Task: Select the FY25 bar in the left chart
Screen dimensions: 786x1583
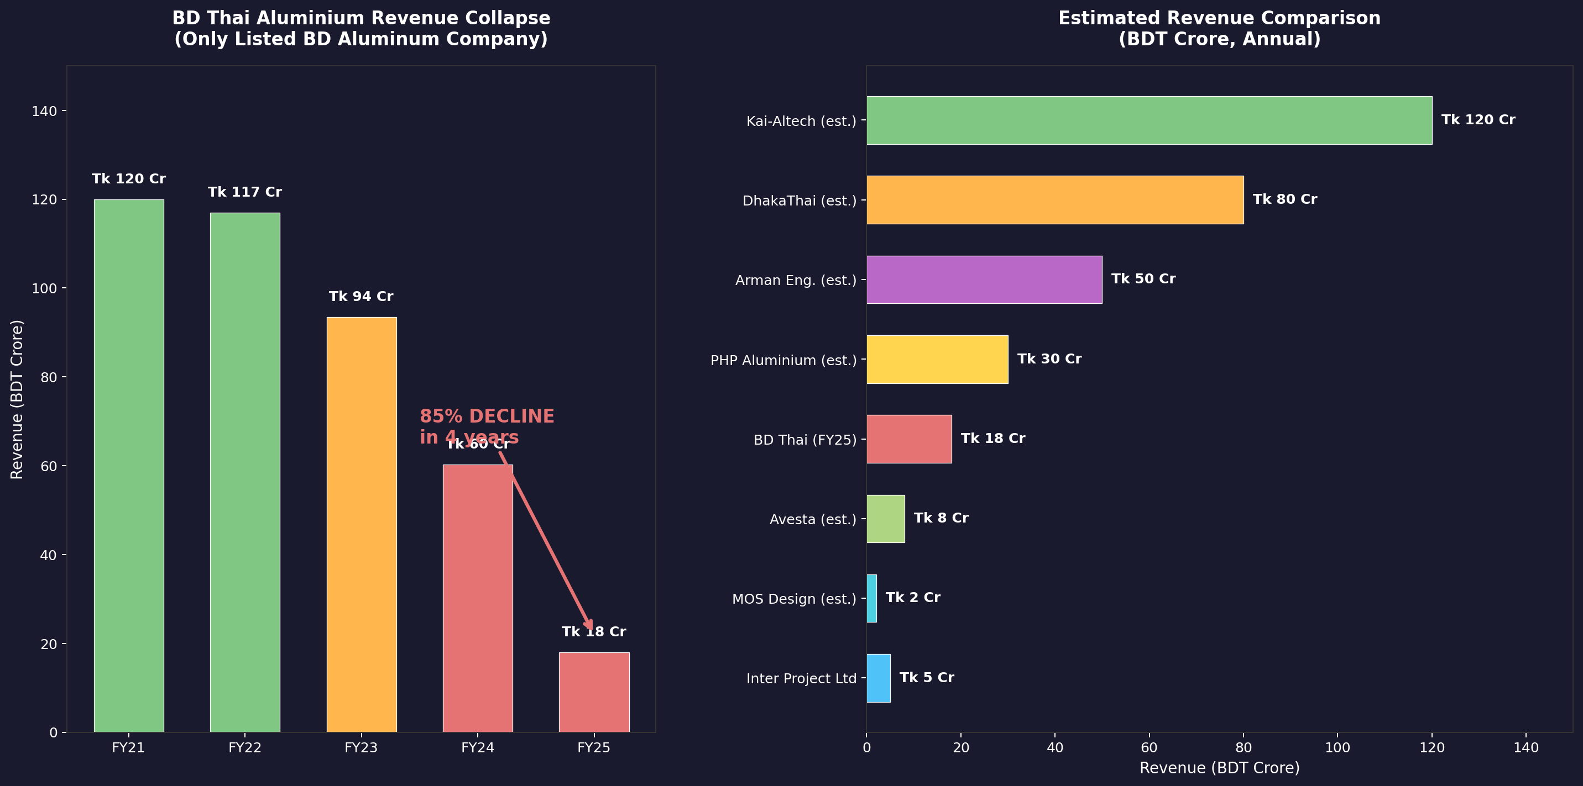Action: click(594, 692)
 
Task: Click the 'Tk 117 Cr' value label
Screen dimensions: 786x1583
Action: click(244, 192)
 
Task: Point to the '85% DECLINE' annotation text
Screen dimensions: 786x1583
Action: click(487, 416)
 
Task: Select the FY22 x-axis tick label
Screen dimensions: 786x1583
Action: click(244, 747)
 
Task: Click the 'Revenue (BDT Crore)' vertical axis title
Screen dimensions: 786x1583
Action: click(17, 399)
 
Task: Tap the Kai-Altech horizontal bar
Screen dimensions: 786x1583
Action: click(1148, 120)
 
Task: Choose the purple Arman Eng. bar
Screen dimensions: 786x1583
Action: click(984, 279)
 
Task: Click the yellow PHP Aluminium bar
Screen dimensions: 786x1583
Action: click(937, 359)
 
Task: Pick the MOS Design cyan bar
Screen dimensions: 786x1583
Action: click(871, 598)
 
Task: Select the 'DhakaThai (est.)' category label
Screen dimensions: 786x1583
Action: click(799, 201)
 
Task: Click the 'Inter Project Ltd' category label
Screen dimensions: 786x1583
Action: click(801, 678)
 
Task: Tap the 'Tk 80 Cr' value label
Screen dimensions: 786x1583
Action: click(1284, 199)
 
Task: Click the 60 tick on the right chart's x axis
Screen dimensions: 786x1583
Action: click(1148, 747)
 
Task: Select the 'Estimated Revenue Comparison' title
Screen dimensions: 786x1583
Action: click(1219, 18)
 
